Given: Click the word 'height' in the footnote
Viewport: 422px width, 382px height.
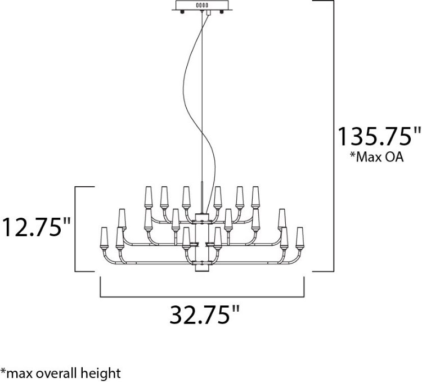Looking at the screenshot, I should [x=105, y=372].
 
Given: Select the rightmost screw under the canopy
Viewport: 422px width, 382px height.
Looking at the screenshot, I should [x=221, y=14].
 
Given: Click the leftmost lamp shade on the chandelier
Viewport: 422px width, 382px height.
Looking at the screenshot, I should [x=104, y=236].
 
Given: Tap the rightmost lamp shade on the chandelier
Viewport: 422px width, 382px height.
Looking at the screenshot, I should [x=300, y=236].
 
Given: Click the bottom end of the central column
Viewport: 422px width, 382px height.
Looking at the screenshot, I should [x=201, y=271].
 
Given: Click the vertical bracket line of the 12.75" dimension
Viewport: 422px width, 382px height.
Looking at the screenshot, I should [x=76, y=228].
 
